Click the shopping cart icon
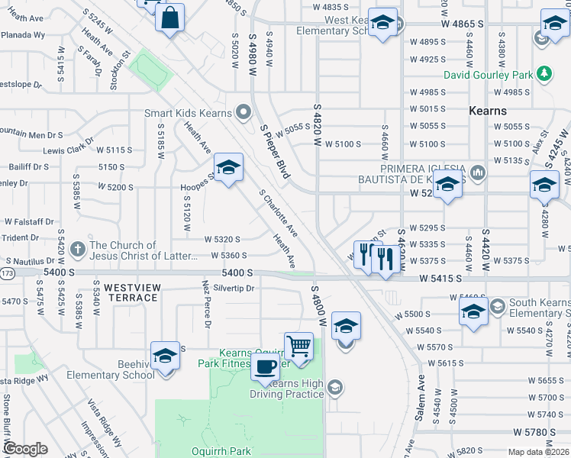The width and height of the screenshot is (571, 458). pos(298,347)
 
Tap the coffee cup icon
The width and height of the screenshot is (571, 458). pos(265,366)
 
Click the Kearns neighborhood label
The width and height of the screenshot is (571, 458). pos(488,111)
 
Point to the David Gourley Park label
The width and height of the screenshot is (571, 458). pos(489,75)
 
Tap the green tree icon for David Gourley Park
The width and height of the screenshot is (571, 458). pos(544,73)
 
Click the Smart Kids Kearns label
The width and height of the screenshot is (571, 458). pos(188,113)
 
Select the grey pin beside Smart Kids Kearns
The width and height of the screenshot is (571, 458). pos(244,113)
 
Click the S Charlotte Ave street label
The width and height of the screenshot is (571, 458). pos(278,213)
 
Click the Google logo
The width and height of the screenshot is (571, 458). pos(25,449)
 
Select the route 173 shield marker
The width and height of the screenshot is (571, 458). pos(7,272)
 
